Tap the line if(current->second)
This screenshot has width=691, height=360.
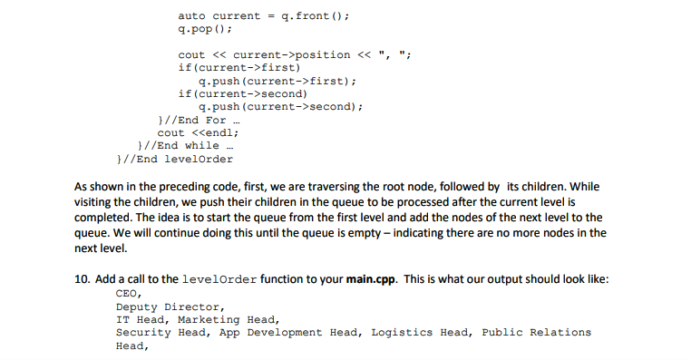243,93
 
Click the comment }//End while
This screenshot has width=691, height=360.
177,145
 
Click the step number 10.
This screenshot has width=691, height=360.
80,279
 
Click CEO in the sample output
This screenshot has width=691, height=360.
127,294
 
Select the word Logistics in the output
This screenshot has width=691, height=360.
402,332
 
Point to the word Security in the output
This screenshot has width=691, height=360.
142,332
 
